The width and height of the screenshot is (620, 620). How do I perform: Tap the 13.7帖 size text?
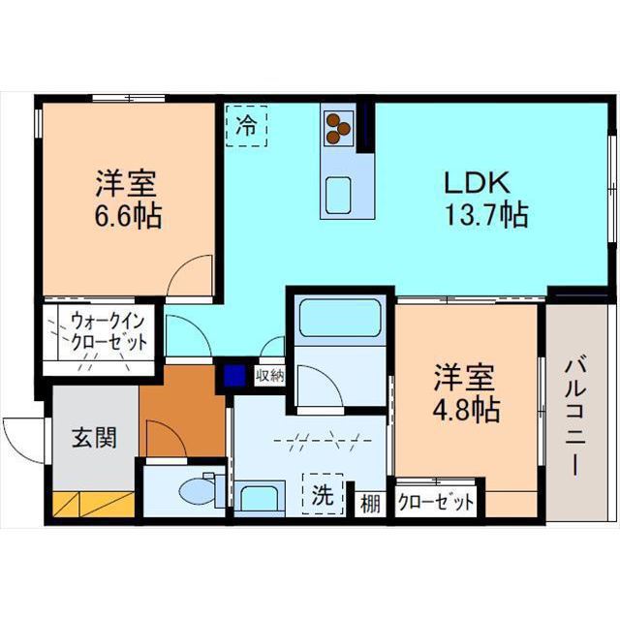coord(485,215)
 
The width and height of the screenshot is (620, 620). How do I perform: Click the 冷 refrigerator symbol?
coord(247,125)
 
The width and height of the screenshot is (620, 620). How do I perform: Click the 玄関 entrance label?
coord(94,438)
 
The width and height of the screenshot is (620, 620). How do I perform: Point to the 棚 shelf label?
coord(370,504)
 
